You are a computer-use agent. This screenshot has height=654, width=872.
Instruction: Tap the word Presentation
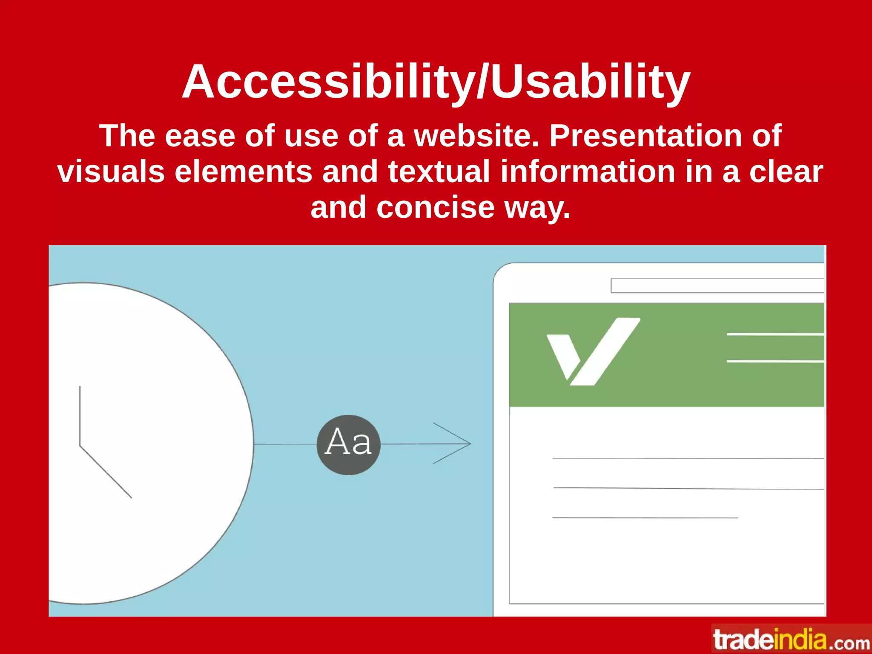coord(645,136)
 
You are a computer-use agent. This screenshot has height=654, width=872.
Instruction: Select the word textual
coord(439,171)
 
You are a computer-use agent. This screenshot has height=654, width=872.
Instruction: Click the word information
coord(588,171)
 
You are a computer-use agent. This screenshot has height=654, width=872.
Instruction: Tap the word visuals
coord(111,171)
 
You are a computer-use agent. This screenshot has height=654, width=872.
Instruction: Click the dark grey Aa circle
coord(348,445)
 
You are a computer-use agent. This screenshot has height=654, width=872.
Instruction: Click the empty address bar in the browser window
coord(717,286)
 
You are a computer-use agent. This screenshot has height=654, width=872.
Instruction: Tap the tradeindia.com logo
coord(791,640)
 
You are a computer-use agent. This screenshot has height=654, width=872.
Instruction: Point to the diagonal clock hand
coord(106,472)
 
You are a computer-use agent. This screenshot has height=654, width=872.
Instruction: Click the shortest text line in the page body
coord(645,517)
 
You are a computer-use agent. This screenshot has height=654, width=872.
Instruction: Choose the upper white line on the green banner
coord(775,335)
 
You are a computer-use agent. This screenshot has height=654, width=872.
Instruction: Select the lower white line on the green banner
coord(775,361)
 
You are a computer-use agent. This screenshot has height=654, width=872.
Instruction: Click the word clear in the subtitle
coord(786,171)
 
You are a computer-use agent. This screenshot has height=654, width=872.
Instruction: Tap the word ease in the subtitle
coord(200,136)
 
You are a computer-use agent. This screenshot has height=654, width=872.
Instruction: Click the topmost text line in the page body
coord(688,459)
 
